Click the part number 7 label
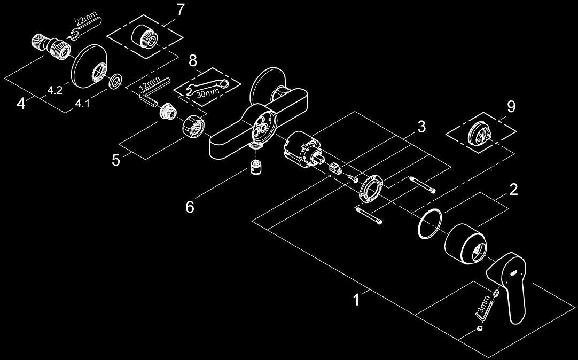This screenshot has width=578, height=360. [x=180, y=10]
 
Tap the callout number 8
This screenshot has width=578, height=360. [x=193, y=61]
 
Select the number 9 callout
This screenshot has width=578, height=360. [x=511, y=107]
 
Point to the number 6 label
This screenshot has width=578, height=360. [x=190, y=207]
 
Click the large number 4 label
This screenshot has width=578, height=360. [x=21, y=104]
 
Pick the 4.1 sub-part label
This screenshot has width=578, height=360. [x=82, y=104]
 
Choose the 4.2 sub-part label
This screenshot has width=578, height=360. [x=54, y=90]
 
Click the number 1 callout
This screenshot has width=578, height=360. [x=356, y=299]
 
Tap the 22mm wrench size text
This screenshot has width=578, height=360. [x=89, y=20]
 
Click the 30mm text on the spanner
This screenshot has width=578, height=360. [x=205, y=94]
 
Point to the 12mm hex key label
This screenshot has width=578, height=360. [x=149, y=84]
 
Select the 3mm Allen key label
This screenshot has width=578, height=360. [x=486, y=303]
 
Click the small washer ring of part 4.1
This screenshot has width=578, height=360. [x=116, y=81]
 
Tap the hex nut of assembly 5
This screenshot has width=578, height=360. [x=191, y=127]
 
